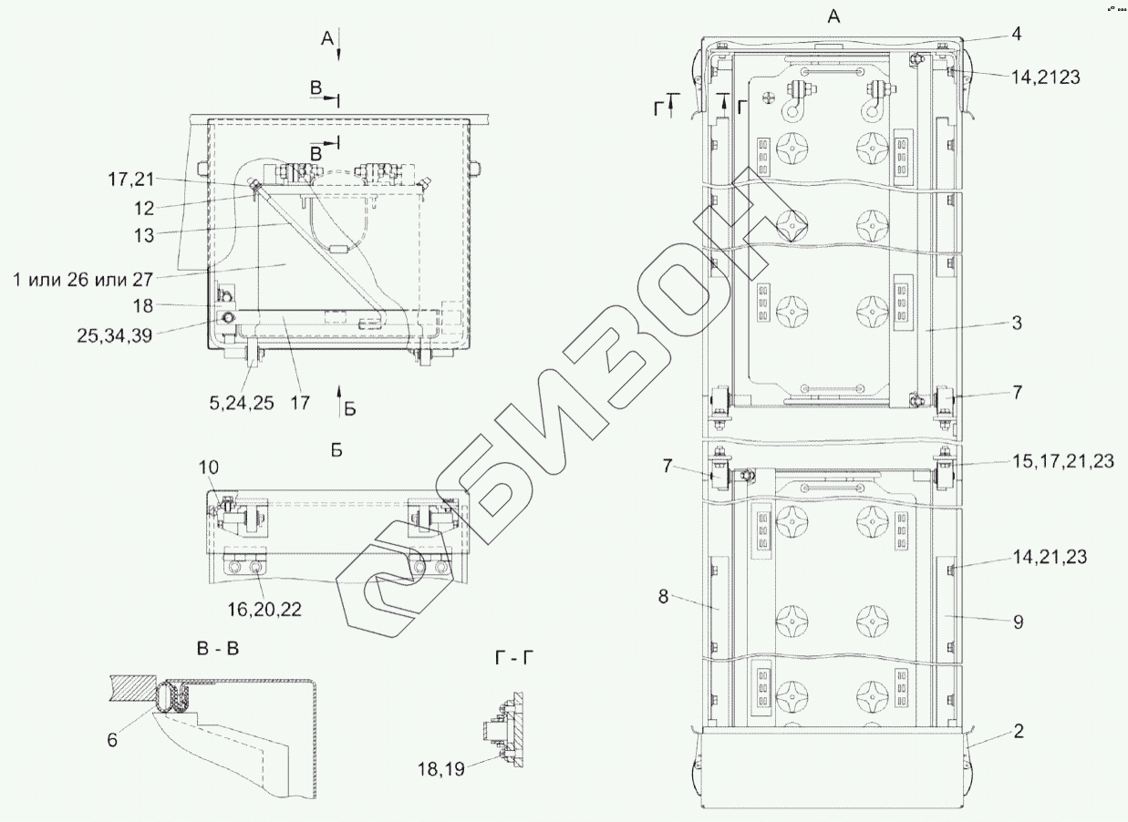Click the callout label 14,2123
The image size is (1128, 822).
(x=1045, y=77)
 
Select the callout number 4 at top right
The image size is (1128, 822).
(x=1016, y=34)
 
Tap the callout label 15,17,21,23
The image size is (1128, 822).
(x=1063, y=461)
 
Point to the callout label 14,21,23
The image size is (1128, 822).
(x=1050, y=557)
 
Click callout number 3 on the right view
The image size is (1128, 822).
(x=1017, y=323)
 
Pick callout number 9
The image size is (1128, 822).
(x=1019, y=622)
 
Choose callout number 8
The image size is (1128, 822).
(x=663, y=597)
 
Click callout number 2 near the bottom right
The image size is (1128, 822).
(x=1019, y=731)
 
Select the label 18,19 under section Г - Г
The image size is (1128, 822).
(x=440, y=769)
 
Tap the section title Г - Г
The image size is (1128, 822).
(x=514, y=657)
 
